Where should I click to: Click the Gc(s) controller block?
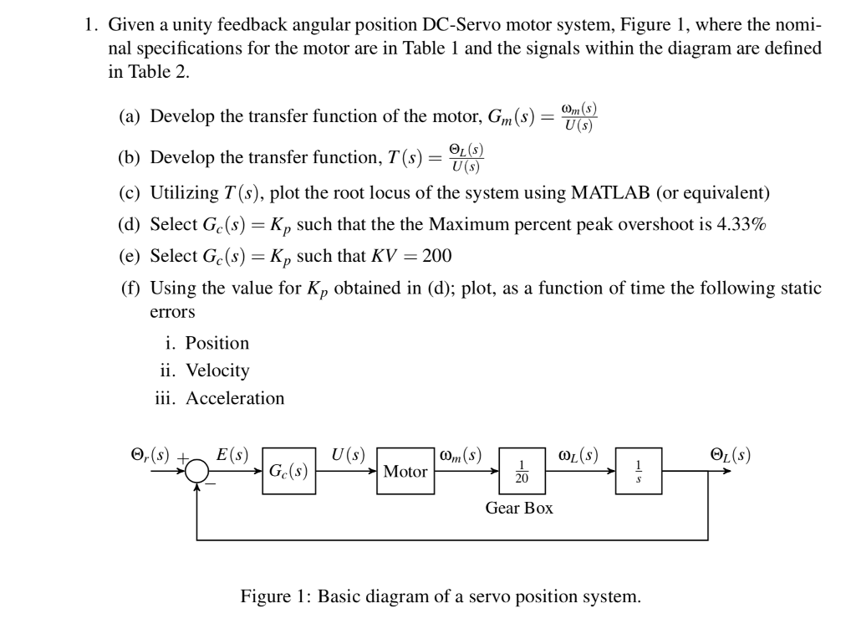[x=288, y=471]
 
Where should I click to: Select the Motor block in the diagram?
[x=405, y=471]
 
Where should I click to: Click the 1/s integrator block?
[x=639, y=471]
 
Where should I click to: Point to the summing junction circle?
[x=197, y=471]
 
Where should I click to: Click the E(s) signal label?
[x=232, y=456]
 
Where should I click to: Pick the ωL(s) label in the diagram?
[x=578, y=456]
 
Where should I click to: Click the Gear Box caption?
[x=519, y=508]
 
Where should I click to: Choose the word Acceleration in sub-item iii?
[x=235, y=398]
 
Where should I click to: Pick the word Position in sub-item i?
[x=217, y=343]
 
